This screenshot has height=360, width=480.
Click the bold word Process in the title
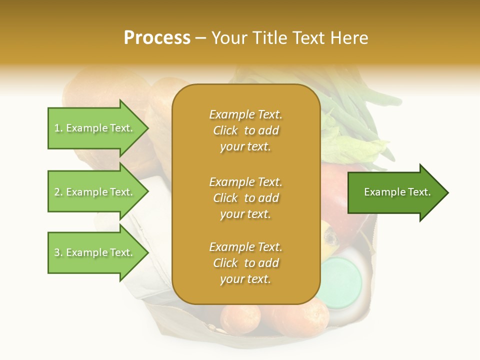(157, 38)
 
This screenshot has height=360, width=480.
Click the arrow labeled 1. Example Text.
(95, 128)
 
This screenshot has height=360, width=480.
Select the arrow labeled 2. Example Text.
(95, 192)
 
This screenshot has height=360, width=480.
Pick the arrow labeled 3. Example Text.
(95, 252)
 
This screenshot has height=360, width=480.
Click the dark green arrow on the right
(395, 192)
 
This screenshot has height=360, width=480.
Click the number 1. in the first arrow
(58, 128)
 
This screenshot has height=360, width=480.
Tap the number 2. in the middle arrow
(58, 192)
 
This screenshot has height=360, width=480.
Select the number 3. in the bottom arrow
(58, 252)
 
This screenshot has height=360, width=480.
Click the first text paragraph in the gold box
(245, 130)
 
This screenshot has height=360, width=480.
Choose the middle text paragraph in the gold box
(245, 198)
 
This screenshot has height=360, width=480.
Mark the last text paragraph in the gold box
(245, 263)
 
